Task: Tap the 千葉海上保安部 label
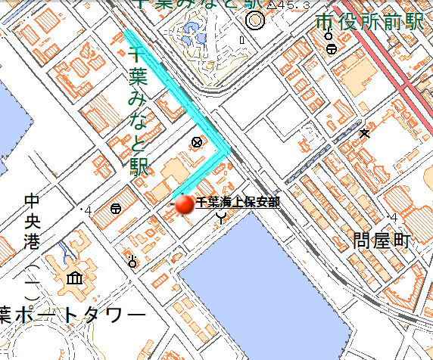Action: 238,202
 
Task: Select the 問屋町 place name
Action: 380,242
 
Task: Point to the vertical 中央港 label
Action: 32,223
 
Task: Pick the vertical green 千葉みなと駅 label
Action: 138,111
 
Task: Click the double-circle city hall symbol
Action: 255,20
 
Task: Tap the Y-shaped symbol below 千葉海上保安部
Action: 221,219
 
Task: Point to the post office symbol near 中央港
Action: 116,209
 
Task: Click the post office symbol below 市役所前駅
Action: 332,49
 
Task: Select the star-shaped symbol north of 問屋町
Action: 365,134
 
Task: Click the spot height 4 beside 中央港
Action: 89,210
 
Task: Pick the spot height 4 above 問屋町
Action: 393,219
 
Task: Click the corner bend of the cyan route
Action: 226,151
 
